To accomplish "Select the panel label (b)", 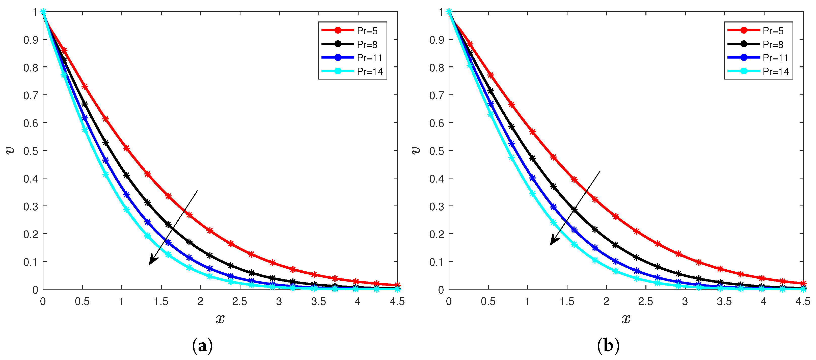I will pos(608,345).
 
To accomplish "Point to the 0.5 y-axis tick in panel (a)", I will pos(31,151).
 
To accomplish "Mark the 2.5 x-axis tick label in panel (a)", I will pos(239,301).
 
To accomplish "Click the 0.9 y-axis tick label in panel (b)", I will pos(437,40).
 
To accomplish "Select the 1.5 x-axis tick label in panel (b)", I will pos(567,301).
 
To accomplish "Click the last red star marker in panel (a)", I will pos(397,285).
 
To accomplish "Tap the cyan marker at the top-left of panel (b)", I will pos(449,12).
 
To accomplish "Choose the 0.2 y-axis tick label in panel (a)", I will pos(31,234).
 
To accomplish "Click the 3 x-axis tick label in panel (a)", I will pos(279,301).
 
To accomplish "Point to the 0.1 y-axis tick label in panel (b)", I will pos(437,262).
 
